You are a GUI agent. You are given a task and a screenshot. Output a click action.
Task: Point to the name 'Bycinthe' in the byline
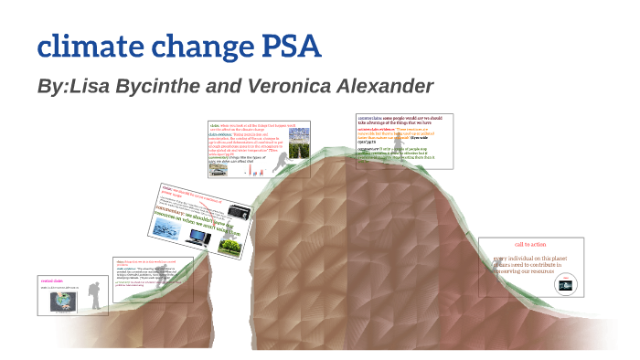[145, 87]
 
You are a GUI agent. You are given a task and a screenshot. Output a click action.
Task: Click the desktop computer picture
[197, 237]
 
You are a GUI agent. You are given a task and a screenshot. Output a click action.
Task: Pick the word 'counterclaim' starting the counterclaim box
[369, 118]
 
